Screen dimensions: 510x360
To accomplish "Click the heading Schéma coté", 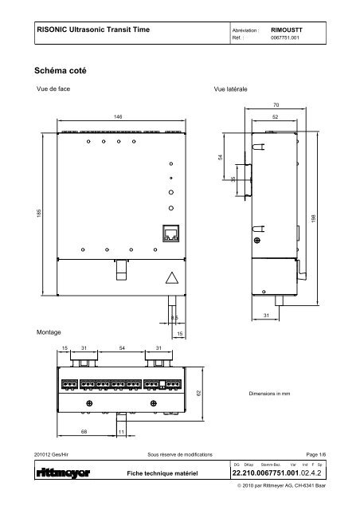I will tap(61, 71).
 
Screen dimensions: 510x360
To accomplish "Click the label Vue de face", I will tap(53, 90).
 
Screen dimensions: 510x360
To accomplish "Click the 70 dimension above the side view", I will tap(276, 104).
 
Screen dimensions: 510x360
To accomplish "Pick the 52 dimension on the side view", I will tap(276, 116).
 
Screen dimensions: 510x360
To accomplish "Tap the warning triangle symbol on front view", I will tap(170, 279).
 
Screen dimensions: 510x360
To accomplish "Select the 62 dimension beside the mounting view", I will tap(199, 394).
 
